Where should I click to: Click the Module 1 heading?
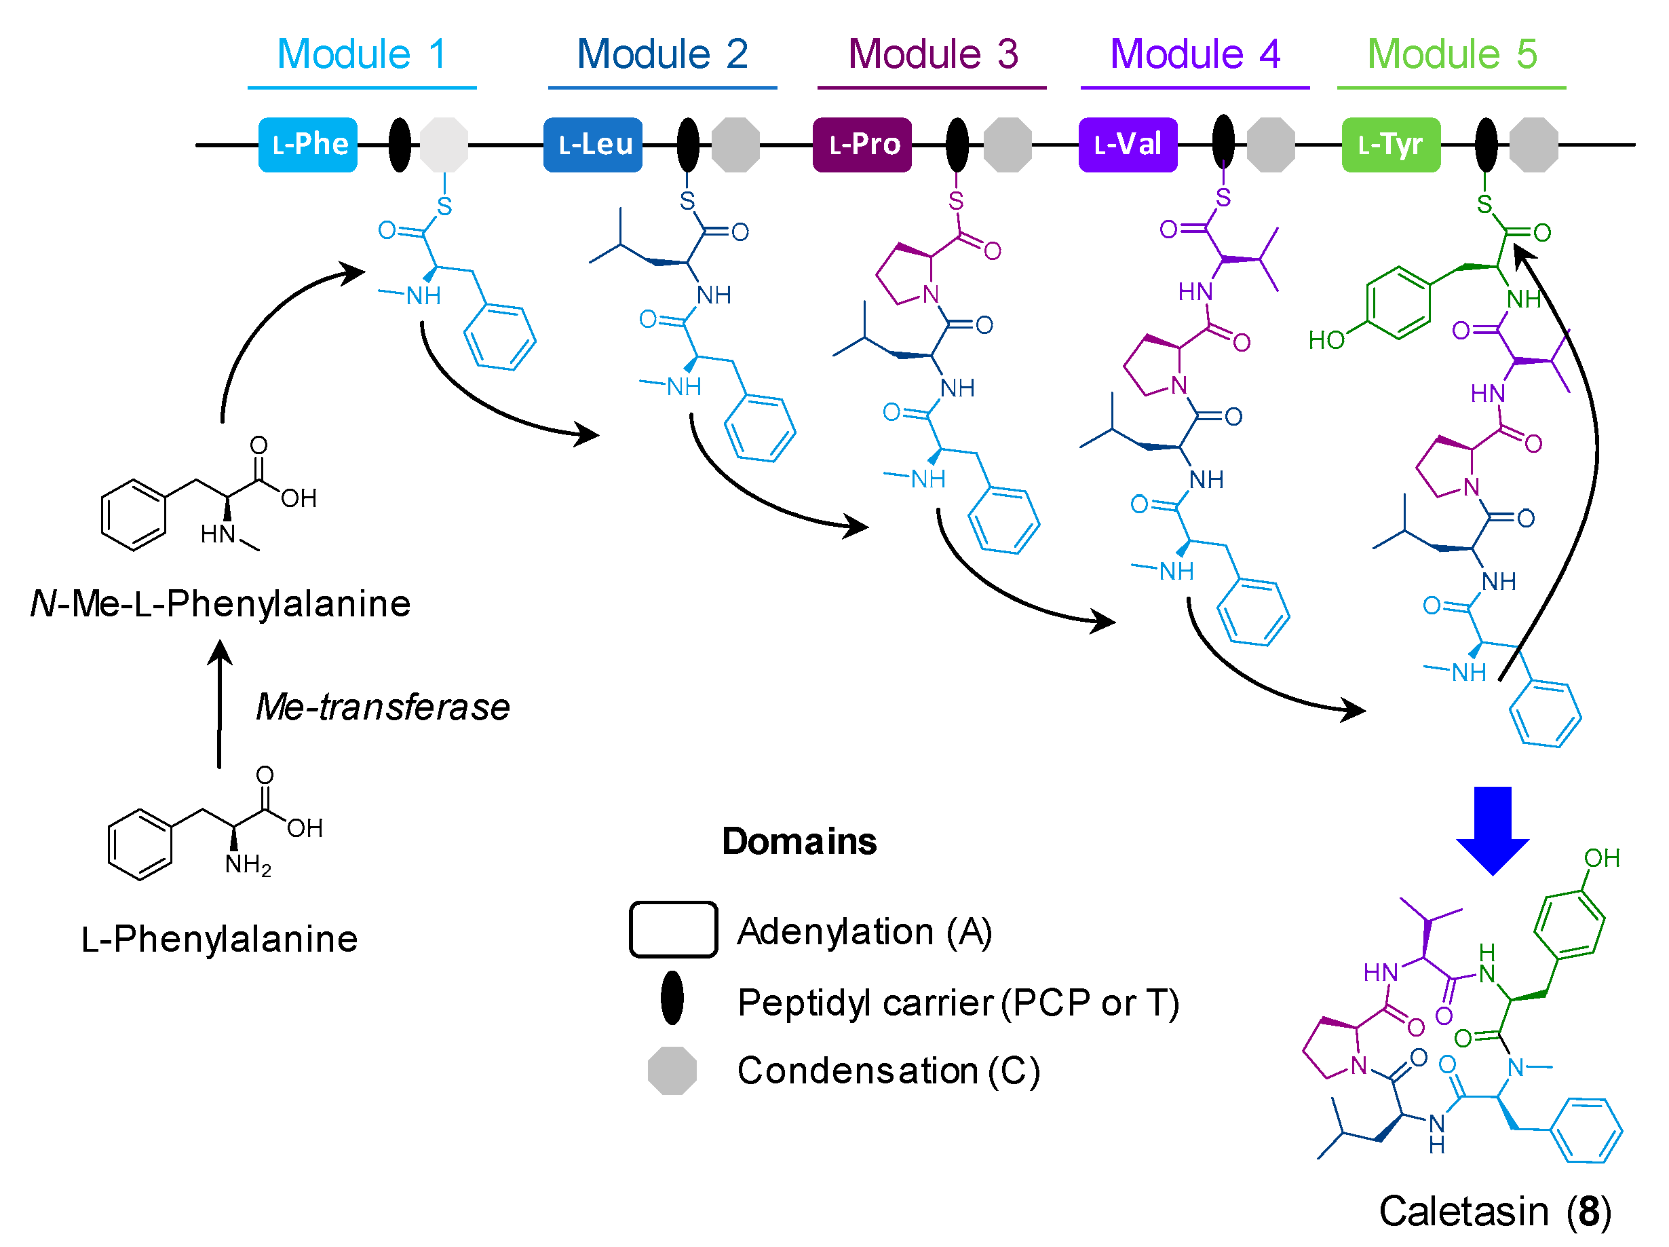coord(362,54)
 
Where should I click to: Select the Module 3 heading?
coord(933,54)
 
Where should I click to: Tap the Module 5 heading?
coord(1451,54)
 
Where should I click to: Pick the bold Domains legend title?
coord(799,842)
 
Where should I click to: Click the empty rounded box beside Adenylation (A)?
coord(673,930)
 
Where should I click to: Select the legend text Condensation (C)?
coord(888,1071)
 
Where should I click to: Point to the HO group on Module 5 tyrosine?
coord(1326,341)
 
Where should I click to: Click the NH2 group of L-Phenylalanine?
coord(248,865)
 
